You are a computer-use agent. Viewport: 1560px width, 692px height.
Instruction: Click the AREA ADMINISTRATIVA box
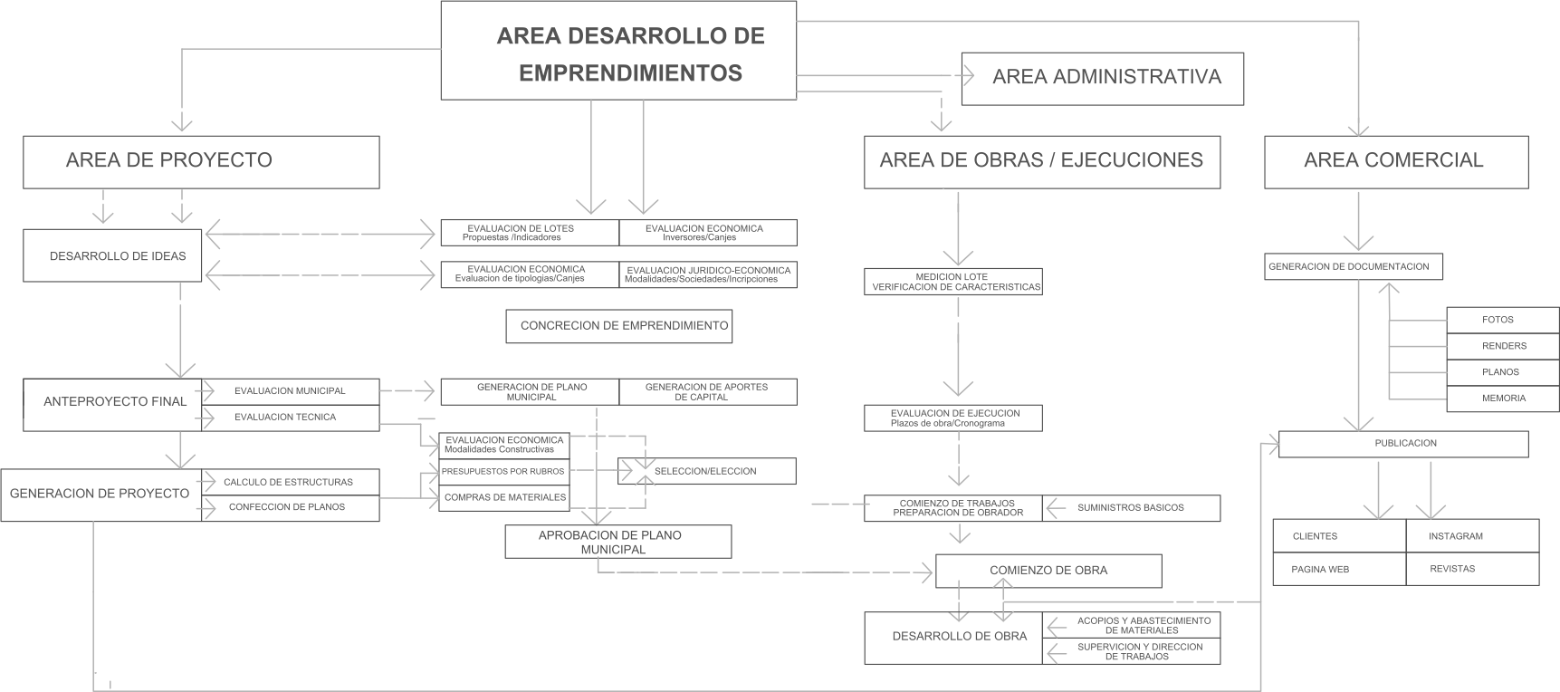pos(1102,78)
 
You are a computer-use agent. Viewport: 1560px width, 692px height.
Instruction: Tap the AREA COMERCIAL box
pos(1395,161)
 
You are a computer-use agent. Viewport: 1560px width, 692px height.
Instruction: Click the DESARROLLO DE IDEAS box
pos(113,256)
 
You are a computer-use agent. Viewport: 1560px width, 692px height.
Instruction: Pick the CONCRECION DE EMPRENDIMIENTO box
pos(618,326)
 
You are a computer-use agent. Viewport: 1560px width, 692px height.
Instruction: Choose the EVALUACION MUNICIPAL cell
pos(290,390)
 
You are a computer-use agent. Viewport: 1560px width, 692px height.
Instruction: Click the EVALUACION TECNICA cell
pos(290,418)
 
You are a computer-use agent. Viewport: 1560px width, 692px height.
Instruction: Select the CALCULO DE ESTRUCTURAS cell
pos(290,482)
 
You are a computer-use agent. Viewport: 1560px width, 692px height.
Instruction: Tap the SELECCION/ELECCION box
pos(706,471)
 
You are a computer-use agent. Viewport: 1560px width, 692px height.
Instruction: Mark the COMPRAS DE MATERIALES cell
pos(504,497)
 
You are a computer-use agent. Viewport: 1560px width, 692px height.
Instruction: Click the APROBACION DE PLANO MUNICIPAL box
pos(618,542)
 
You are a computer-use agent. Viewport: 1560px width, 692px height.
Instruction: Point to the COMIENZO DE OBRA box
pos(1048,571)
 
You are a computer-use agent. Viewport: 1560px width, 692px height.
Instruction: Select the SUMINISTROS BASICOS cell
pos(1131,508)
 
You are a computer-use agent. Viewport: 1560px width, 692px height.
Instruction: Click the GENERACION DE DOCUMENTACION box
pos(1353,267)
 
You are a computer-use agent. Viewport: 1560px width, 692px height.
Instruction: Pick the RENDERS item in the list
pos(1503,346)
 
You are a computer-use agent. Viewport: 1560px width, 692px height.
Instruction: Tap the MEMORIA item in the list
pos(1503,399)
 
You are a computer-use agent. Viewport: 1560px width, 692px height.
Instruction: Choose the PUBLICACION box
pos(1402,444)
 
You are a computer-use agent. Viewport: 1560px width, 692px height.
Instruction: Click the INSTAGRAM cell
pos(1472,536)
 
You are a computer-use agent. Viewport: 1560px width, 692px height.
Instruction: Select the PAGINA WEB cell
pos(1339,569)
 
